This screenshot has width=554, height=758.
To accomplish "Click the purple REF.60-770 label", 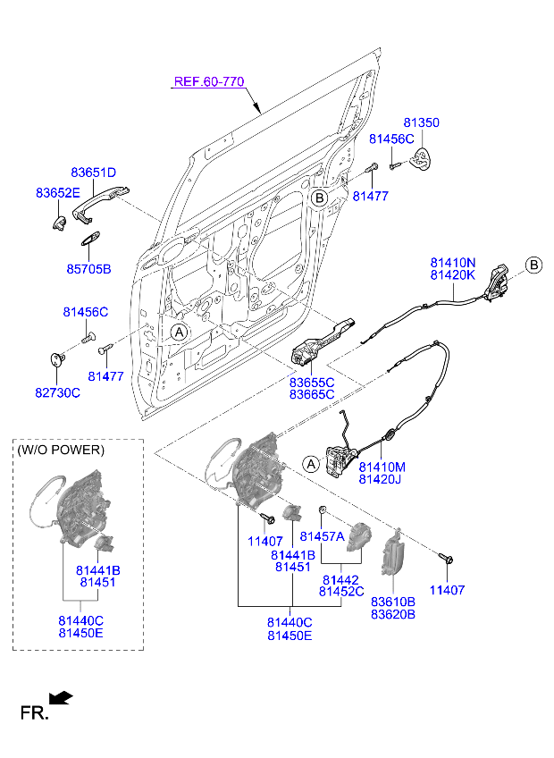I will tap(208, 81).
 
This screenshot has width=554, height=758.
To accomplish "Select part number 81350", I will tap(421, 122).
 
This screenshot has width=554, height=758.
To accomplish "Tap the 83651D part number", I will tap(94, 173).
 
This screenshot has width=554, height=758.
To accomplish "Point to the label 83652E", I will tap(58, 193).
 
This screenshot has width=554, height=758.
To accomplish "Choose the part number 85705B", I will tap(88, 268).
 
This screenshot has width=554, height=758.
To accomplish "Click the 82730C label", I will tap(58, 392).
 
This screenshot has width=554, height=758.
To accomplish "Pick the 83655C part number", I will tap(311, 381).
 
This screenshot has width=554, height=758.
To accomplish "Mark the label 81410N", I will tap(453, 262).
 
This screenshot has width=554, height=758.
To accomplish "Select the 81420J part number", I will tap(382, 480).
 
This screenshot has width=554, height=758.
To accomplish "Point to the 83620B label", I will tap(393, 615).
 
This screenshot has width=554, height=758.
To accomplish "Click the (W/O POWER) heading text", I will tap(61, 450).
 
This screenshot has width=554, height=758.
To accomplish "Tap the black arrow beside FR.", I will tap(61, 696).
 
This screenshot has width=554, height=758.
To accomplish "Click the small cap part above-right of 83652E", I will tap(60, 222).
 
